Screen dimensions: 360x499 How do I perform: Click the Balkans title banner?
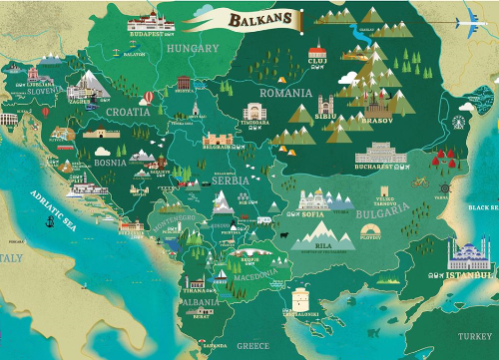click(x=239, y=18)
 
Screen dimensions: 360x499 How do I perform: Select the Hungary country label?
click(x=193, y=48)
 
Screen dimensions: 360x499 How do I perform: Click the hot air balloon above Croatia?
click(x=149, y=97)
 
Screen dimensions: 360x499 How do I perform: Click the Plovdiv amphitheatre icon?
click(x=369, y=228)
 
